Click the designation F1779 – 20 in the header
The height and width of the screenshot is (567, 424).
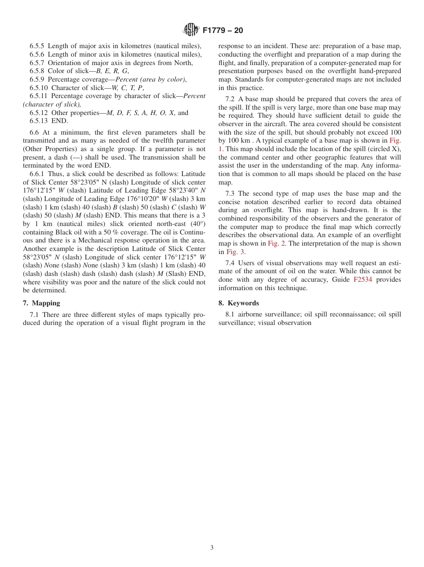point(223,31)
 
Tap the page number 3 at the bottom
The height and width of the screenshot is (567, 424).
point(212,548)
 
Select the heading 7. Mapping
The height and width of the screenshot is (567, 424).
point(42,303)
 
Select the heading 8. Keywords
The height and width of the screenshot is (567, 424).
point(238,303)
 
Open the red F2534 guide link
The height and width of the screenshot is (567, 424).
point(363,279)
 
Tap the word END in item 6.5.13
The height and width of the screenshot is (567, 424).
point(59,121)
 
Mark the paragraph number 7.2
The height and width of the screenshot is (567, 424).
point(231,99)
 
